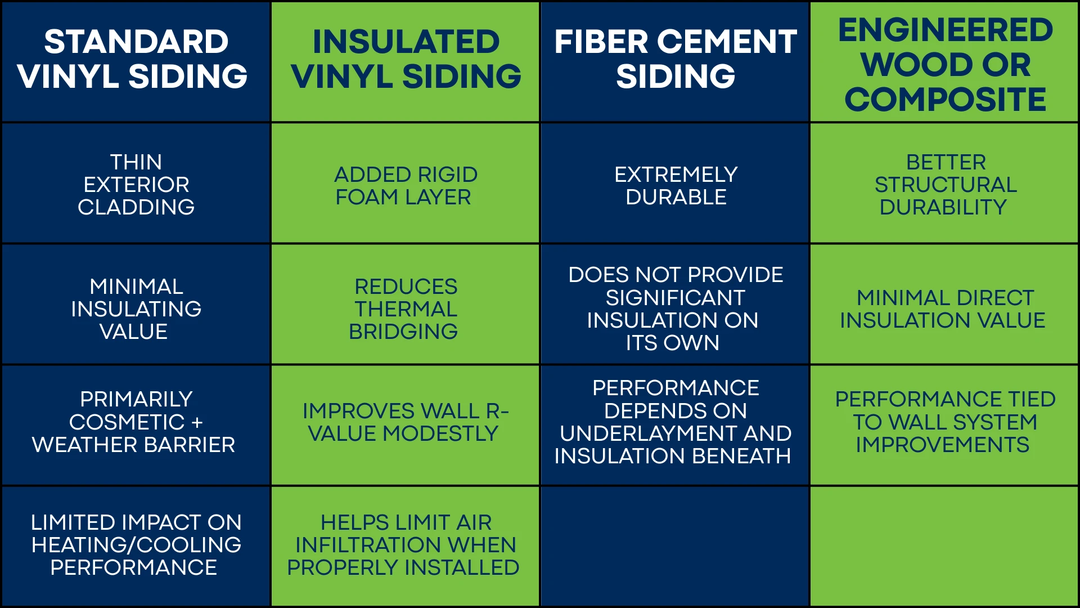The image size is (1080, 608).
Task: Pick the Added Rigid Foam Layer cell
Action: pyautogui.click(x=406, y=186)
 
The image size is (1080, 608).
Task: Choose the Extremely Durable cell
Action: pyautogui.click(x=676, y=186)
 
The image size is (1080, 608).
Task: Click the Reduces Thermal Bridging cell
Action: pyautogui.click(x=406, y=309)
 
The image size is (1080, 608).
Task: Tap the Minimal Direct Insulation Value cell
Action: pyautogui.click(x=944, y=309)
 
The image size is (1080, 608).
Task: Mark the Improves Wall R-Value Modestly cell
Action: pyautogui.click(x=406, y=422)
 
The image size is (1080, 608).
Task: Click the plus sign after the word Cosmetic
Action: pyautogui.click(x=197, y=423)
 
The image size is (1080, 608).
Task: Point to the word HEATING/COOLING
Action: pyautogui.click(x=136, y=545)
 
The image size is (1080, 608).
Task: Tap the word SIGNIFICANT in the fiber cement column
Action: pyautogui.click(x=675, y=298)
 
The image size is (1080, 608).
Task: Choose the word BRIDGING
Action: pyautogui.click(x=403, y=332)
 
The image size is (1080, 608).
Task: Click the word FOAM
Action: pyautogui.click(x=366, y=198)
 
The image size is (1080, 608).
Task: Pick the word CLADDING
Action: pyautogui.click(x=136, y=207)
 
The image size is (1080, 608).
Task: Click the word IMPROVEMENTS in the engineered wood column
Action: pyautogui.click(x=943, y=445)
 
